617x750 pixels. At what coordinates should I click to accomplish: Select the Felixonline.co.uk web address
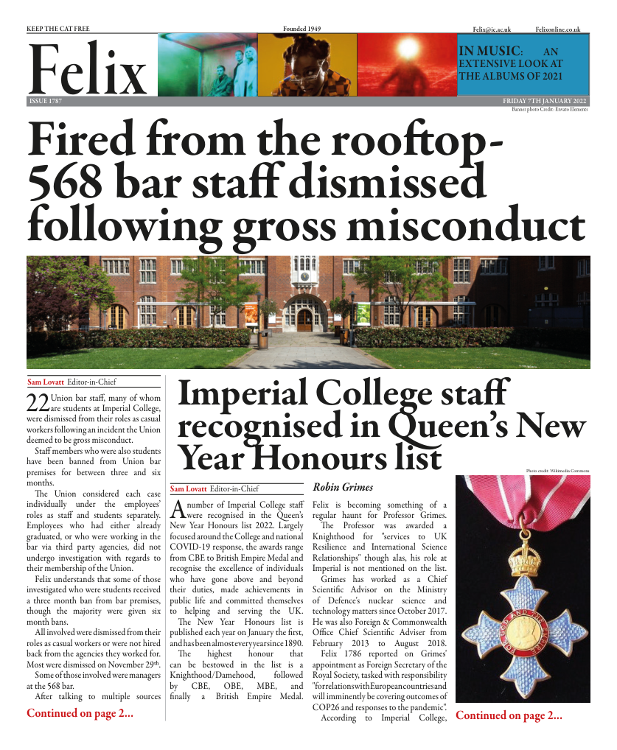558,29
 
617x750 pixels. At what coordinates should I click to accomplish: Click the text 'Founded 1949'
302,29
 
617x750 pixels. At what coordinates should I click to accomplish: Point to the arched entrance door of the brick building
304,319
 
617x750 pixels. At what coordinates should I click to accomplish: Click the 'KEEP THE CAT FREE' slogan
57,29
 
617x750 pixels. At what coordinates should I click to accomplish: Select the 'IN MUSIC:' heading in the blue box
491,52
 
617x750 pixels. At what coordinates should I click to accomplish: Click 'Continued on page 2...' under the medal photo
509,715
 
